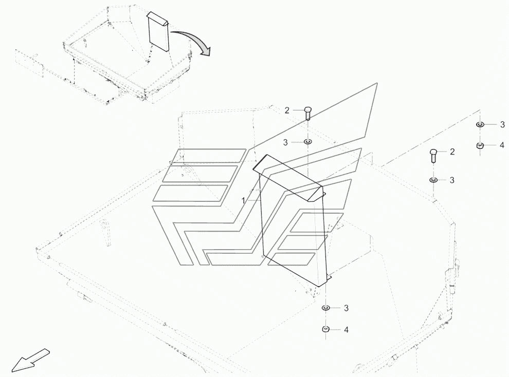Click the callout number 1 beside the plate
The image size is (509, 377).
(244, 201)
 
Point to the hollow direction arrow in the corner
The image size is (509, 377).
(30, 359)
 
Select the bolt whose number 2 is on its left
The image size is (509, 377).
(307, 112)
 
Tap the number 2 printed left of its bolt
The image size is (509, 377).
(287, 110)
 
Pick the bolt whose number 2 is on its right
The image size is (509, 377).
(433, 154)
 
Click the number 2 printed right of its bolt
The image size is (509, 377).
(452, 152)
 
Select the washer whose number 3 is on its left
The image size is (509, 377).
(307, 142)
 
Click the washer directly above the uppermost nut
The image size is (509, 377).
(480, 124)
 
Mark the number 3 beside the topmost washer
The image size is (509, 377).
(502, 124)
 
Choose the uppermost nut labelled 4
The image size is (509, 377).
(480, 146)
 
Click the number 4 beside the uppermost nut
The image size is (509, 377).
(502, 146)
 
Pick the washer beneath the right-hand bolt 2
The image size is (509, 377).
(433, 180)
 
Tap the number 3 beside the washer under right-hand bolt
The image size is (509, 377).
(452, 180)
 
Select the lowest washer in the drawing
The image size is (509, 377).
(326, 308)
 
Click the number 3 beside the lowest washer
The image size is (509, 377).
(346, 308)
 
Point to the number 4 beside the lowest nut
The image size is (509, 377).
(346, 330)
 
